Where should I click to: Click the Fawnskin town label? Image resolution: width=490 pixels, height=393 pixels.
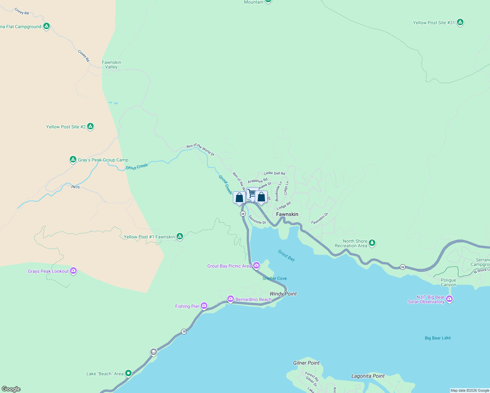[x=287, y=214]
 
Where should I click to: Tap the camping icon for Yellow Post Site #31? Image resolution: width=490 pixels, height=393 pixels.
[x=460, y=22]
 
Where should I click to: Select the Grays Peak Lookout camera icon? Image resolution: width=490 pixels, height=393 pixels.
[x=73, y=271]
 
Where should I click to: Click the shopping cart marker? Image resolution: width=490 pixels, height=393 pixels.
[x=252, y=194]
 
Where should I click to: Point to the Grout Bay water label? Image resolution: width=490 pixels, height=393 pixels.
[x=286, y=255]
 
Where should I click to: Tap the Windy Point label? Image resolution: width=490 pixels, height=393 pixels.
[x=283, y=294]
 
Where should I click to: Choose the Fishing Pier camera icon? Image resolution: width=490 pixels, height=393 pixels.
[x=204, y=306]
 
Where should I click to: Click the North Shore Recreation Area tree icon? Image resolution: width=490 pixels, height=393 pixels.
[x=372, y=243]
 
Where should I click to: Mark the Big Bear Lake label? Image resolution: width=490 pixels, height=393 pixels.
[x=438, y=338]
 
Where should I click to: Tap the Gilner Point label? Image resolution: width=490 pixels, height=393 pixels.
[x=306, y=363]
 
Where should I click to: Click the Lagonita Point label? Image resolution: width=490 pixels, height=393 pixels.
[x=368, y=376]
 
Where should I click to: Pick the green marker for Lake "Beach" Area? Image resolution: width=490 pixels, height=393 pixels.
[x=128, y=373]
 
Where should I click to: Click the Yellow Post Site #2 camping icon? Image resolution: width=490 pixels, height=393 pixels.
[x=90, y=126]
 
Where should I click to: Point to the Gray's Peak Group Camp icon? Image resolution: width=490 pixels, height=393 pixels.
[x=73, y=159]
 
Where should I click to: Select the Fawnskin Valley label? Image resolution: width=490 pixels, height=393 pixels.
[x=111, y=65]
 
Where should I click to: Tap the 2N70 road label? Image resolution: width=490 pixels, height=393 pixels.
[x=75, y=187]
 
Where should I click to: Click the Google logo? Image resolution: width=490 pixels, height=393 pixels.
[x=11, y=389]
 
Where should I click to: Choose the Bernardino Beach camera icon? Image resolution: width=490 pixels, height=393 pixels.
[x=231, y=299]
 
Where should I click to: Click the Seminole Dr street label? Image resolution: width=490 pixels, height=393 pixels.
[x=257, y=220]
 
